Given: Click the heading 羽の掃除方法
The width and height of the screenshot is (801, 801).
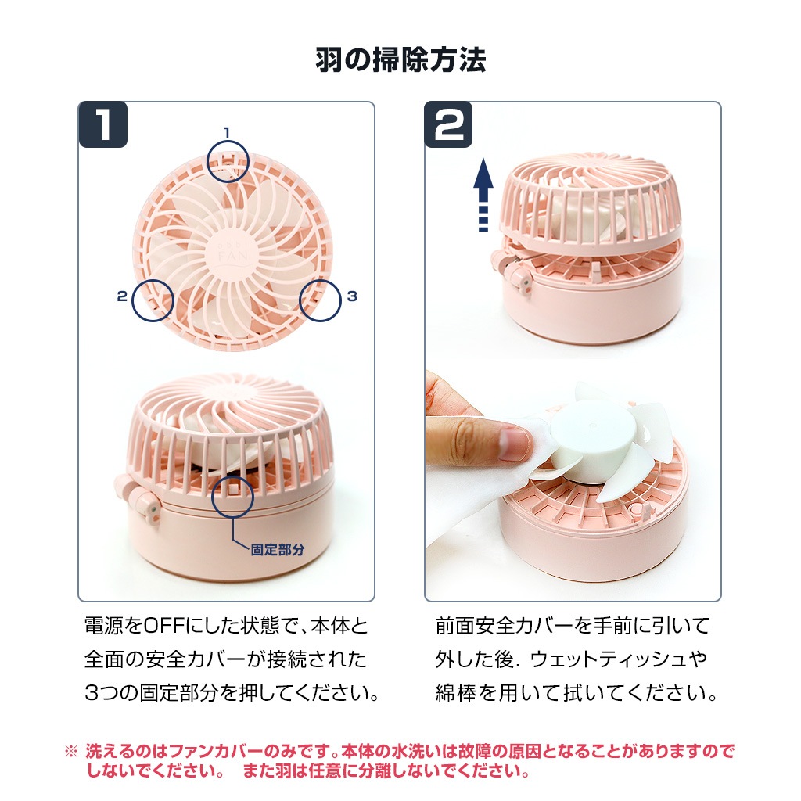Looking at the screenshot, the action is point(400,60).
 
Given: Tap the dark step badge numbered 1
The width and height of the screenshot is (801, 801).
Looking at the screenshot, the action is point(103,124).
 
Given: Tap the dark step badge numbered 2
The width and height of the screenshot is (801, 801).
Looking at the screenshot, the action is point(448,124).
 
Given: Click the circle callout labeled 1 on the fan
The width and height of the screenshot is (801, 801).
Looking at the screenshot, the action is point(228,161).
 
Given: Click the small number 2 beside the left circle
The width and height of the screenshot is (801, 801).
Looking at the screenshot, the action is point(121,296).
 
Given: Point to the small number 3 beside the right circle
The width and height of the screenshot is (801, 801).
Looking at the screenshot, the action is point(352,296).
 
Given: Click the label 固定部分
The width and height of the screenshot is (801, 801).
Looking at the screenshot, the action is point(278,550).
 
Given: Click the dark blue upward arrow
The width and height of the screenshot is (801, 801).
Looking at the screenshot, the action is point(483,195).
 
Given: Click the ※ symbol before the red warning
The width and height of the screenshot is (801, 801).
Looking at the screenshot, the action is point(71,752).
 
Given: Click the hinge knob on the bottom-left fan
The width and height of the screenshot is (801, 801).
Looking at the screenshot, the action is point(140,503).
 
